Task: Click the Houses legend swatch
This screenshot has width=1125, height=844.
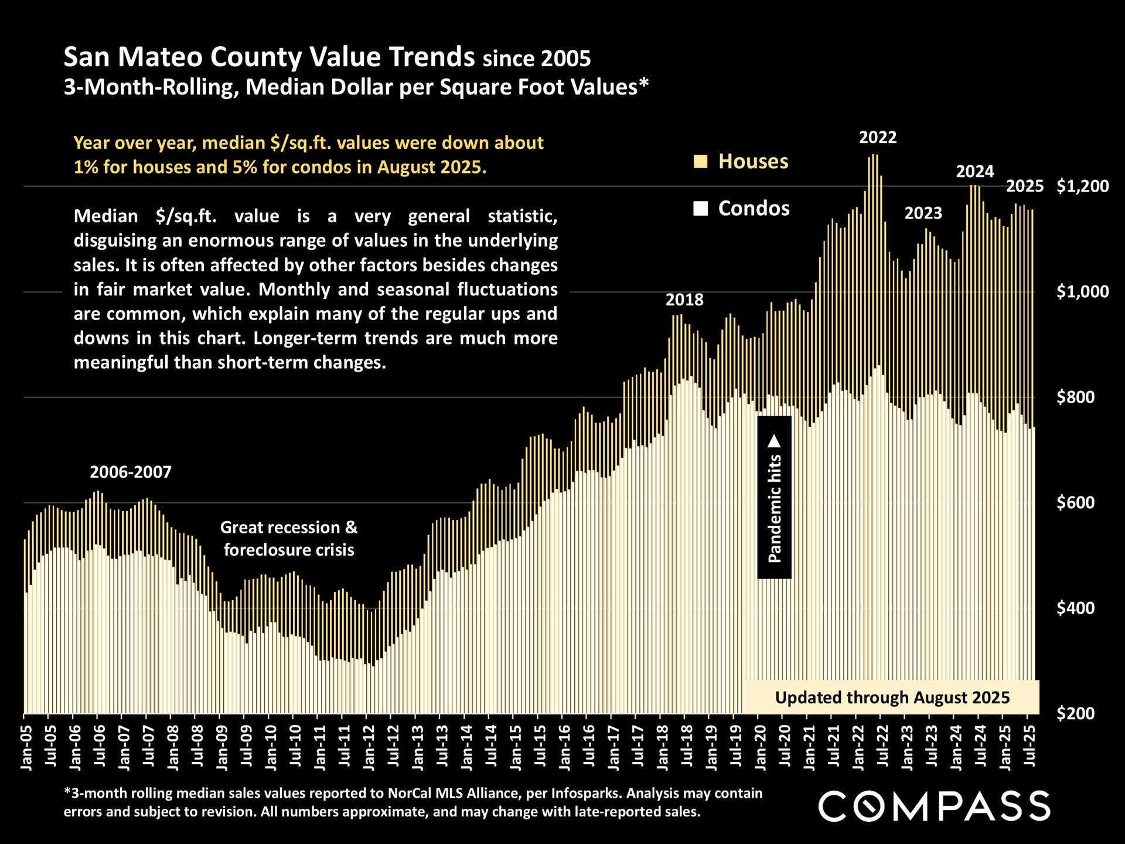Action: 700,162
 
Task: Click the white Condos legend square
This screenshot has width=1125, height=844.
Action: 700,209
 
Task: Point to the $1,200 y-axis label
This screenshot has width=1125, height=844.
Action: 1082,186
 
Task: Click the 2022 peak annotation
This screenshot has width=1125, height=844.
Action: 877,138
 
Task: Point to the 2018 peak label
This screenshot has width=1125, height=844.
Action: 684,300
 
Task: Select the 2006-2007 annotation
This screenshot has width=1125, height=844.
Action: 131,472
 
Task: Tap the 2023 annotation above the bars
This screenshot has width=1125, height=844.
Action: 923,213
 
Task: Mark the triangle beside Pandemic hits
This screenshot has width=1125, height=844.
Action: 775,440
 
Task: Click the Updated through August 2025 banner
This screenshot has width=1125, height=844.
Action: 892,697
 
